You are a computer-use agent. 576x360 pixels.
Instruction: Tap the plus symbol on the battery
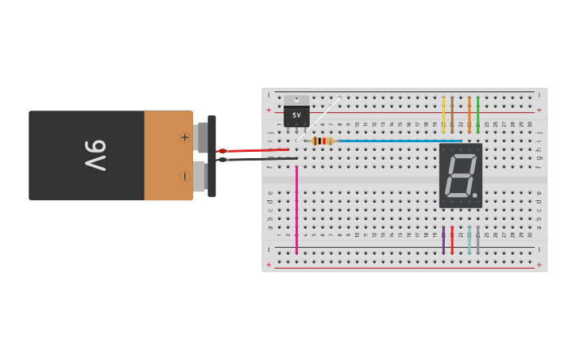coord(185,137)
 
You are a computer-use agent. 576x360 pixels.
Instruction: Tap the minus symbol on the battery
coord(185,176)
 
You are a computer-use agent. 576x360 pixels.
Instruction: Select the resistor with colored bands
coord(321,141)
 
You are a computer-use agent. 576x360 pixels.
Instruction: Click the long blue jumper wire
coord(397,141)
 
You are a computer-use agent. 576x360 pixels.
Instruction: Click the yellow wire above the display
coord(443,114)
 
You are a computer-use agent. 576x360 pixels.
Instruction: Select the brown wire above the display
coord(452,114)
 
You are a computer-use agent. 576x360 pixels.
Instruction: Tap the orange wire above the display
coord(469,114)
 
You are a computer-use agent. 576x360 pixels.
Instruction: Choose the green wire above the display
coord(477,114)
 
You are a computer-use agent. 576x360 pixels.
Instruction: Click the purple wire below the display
coord(443,240)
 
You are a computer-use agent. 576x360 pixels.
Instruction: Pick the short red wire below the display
coord(452,240)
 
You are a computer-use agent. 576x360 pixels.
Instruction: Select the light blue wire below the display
coord(469,240)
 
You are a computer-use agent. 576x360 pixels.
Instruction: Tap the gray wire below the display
coord(477,240)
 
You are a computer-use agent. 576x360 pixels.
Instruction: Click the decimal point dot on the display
coord(475,195)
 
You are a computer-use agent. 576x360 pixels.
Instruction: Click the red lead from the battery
coord(254,150)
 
